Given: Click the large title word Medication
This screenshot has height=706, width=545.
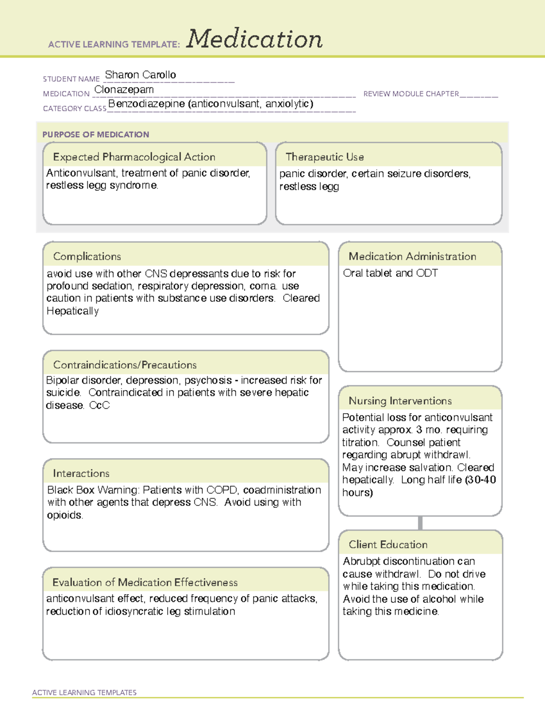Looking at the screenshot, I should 254,39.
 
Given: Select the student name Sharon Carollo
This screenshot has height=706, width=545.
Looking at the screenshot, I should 140,75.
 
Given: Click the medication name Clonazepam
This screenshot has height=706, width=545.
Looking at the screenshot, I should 124,90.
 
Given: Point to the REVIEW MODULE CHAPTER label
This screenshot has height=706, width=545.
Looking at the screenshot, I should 411,94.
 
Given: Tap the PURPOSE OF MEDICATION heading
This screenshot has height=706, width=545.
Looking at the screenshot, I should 95,135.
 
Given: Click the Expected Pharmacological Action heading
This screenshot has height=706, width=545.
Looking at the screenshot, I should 134,157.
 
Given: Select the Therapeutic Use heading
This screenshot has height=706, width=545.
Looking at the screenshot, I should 324,157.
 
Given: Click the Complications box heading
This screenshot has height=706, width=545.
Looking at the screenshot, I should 87,256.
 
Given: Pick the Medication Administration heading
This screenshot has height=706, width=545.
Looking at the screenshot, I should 412,256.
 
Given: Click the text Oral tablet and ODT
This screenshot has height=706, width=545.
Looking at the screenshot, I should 390,273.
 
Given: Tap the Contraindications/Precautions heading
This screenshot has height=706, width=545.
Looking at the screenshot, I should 124,365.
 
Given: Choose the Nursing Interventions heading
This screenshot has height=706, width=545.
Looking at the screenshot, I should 400,401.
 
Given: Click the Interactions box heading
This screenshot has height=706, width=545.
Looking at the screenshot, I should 81,473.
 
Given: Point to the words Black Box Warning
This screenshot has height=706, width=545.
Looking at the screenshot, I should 94,490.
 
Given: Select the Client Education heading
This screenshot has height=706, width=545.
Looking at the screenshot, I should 388,545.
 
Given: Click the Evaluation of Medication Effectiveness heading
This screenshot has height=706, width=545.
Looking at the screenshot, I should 145,582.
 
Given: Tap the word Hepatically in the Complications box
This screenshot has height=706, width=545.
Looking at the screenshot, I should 73,311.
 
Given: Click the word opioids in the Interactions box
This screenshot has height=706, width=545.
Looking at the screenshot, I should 64,515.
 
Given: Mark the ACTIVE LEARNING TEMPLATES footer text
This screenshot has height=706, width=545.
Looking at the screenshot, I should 84,692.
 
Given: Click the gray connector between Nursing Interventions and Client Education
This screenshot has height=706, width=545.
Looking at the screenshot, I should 420,523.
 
